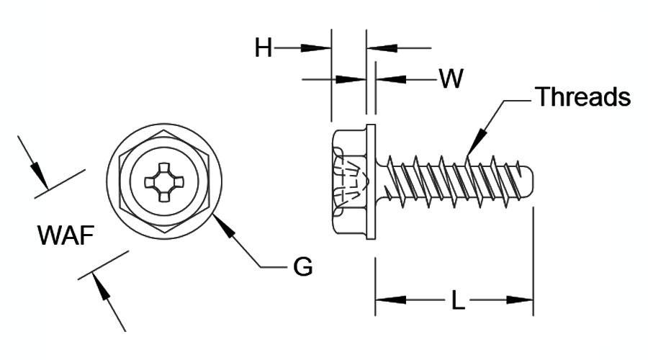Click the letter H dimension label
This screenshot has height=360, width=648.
264,48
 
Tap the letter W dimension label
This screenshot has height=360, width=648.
451,78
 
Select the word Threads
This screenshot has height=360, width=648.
583,96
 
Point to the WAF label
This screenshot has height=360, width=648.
66,235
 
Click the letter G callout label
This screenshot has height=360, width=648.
303,266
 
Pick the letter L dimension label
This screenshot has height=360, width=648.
458,300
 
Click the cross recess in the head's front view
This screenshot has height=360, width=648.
164,182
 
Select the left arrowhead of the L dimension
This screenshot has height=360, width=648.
390,300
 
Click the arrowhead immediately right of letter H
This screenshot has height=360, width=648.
316,48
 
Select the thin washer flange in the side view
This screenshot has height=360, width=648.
371,182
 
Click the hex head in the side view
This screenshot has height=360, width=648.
349,182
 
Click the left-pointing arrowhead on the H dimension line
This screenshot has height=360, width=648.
382,48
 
